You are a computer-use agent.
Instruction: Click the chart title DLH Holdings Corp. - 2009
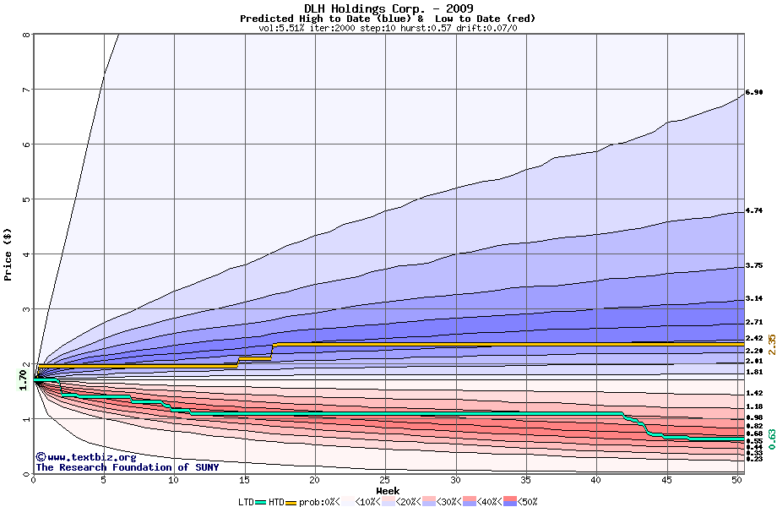(388, 8)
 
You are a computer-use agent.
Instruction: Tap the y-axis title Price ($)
(8, 254)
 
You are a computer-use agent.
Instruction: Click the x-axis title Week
(388, 490)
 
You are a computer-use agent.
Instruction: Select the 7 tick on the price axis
(26, 90)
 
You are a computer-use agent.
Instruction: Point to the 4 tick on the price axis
(26, 254)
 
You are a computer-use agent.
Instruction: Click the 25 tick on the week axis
(385, 480)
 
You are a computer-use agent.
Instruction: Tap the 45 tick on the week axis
(666, 480)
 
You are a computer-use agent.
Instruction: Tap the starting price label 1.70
(24, 381)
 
